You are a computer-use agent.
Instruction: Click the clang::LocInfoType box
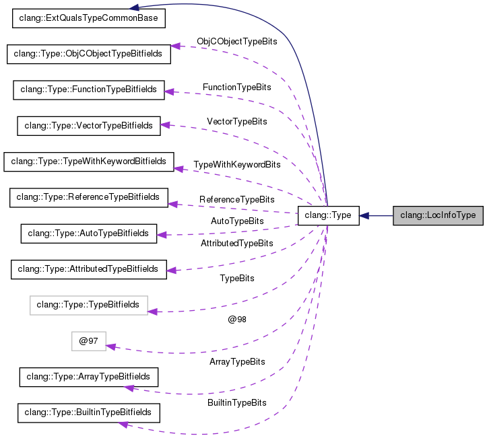point(438,216)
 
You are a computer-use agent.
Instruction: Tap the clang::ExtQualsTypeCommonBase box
point(89,18)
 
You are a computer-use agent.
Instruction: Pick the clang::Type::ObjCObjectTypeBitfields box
point(88,54)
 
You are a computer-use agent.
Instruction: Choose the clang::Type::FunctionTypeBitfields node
point(89,89)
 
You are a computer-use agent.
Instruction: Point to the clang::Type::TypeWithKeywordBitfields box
point(89,161)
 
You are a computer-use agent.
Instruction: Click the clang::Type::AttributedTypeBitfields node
point(88,269)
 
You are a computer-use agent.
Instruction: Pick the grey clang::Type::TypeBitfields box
point(88,305)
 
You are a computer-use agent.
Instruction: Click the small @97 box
point(89,341)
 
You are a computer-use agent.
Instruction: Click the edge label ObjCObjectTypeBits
point(237,42)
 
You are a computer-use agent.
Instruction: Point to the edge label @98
point(237,320)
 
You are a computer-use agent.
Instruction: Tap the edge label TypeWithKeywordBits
point(237,165)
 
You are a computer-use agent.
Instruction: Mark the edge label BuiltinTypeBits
point(237,403)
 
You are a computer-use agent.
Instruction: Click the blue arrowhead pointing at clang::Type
point(364,216)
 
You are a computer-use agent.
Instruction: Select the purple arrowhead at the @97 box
point(111,346)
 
